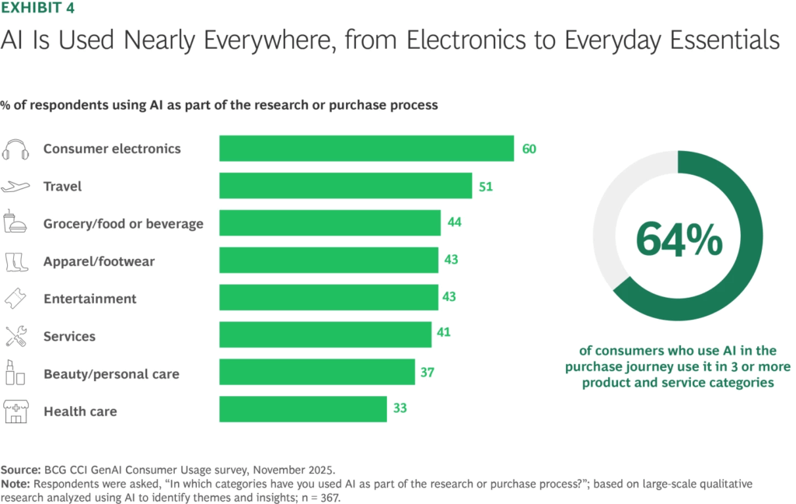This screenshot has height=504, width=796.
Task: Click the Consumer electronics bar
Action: click(366, 149)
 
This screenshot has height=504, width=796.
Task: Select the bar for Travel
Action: click(345, 186)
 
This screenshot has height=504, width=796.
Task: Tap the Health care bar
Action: click(302, 410)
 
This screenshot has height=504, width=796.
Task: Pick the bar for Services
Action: click(325, 335)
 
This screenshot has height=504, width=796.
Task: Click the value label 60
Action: click(529, 149)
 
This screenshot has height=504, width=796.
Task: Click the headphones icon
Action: click(16, 149)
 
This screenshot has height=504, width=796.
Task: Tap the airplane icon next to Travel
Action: click(16, 187)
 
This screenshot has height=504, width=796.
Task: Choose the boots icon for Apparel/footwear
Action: click(16, 261)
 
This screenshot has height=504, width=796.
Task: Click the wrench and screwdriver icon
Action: click(16, 336)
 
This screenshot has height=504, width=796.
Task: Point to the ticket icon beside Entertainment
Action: click(16, 299)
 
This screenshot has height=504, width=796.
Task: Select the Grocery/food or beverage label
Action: click(123, 224)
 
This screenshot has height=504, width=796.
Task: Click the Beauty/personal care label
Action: click(111, 373)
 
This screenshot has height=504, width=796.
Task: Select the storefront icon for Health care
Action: click(16, 411)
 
